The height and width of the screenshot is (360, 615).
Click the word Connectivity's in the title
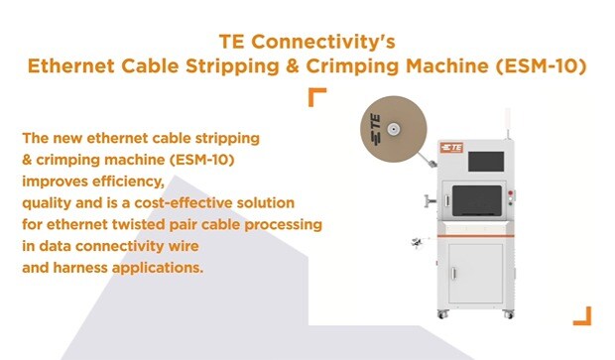point(334,43)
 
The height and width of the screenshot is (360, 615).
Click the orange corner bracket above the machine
point(316,96)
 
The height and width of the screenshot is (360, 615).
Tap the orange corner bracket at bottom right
point(582,315)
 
